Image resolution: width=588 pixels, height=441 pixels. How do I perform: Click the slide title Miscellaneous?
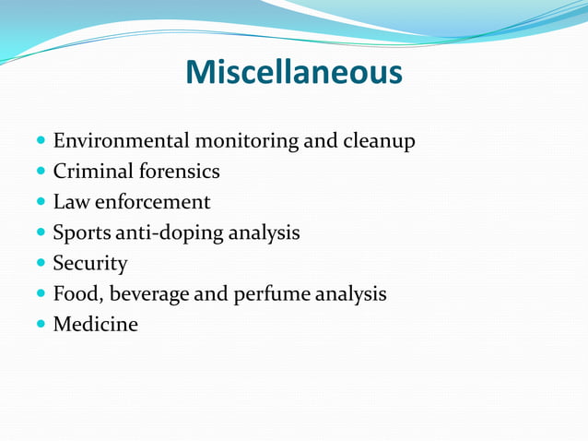point(294,72)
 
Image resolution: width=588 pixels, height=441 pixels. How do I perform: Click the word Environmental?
point(120,141)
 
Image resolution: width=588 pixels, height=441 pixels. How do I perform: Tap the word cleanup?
point(379,142)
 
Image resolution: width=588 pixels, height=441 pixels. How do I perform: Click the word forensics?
point(179,172)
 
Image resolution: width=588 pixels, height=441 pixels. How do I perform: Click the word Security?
point(90,264)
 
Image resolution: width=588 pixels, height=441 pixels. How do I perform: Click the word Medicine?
point(96,325)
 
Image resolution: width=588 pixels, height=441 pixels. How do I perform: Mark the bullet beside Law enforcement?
point(40,203)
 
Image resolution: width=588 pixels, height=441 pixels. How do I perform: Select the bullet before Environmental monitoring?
point(40,142)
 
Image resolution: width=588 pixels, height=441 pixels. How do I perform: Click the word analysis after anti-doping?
point(265,233)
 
